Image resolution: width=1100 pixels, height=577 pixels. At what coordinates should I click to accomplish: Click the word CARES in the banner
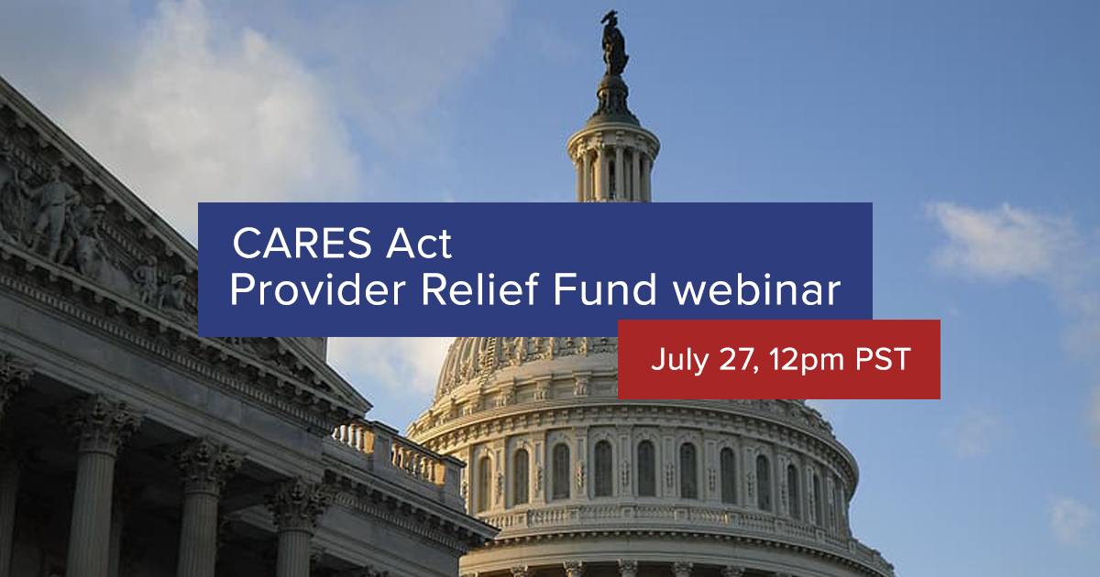(292, 245)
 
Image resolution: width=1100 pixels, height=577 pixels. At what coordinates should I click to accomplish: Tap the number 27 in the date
(726, 360)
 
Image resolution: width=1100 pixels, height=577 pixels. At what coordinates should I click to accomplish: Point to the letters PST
(882, 360)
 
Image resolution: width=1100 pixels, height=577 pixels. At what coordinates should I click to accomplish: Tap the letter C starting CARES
(246, 245)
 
